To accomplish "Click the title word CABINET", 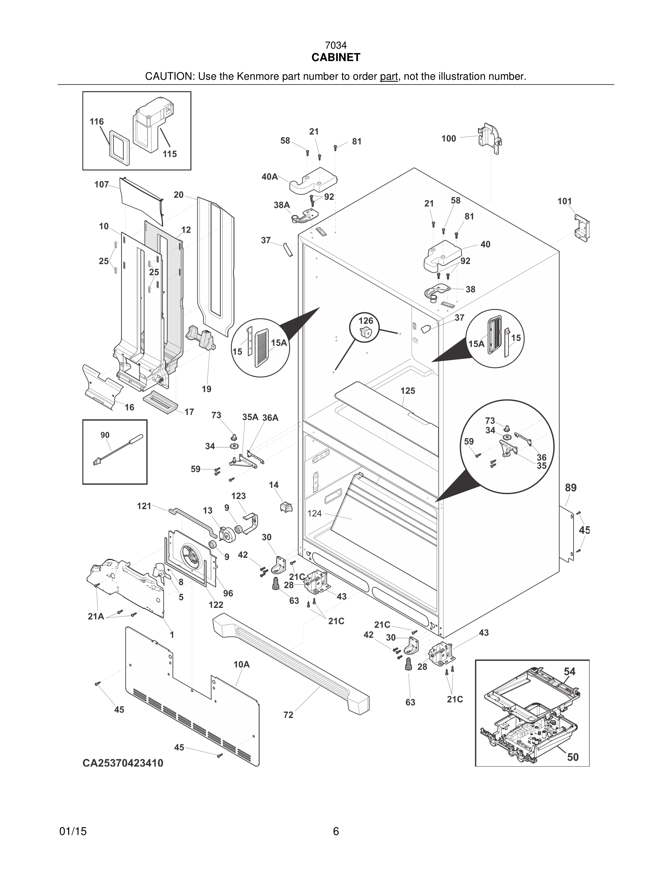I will [x=336, y=58].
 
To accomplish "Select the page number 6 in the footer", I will [x=336, y=831].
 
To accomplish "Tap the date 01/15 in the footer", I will [x=73, y=831].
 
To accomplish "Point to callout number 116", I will [x=97, y=121].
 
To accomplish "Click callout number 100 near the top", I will [x=448, y=139].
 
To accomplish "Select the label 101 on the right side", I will [x=564, y=201].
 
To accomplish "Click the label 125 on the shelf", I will [x=408, y=391].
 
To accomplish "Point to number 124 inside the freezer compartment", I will [x=314, y=513].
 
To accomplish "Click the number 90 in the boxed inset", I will [x=105, y=435].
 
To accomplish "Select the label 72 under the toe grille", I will [x=288, y=715].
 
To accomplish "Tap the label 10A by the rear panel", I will [x=241, y=665].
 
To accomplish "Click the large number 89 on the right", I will [x=571, y=488].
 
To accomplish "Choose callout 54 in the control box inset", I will [x=569, y=671].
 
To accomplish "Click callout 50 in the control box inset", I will [x=572, y=757].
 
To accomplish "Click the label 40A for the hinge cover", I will [x=269, y=177].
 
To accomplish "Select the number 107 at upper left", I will [x=101, y=184].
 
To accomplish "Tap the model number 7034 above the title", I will [x=336, y=46].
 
